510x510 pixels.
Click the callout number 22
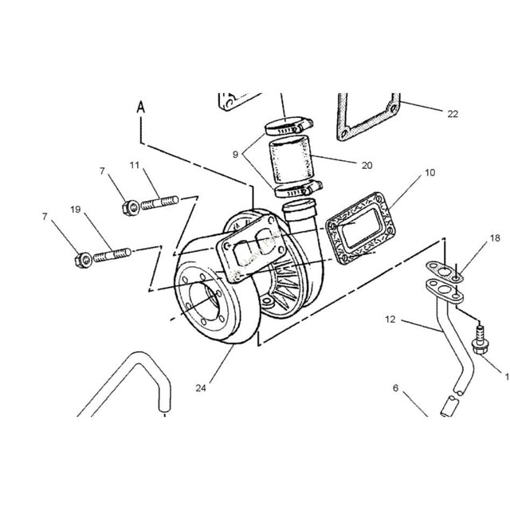453,114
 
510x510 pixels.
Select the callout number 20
367,166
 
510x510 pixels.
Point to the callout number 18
473,237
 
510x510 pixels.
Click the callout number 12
390,320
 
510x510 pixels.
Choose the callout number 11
135,165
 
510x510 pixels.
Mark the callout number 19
75,210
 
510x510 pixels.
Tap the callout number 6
394,389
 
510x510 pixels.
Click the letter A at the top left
140,105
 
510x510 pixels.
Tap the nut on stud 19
82,259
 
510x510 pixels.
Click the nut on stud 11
130,208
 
